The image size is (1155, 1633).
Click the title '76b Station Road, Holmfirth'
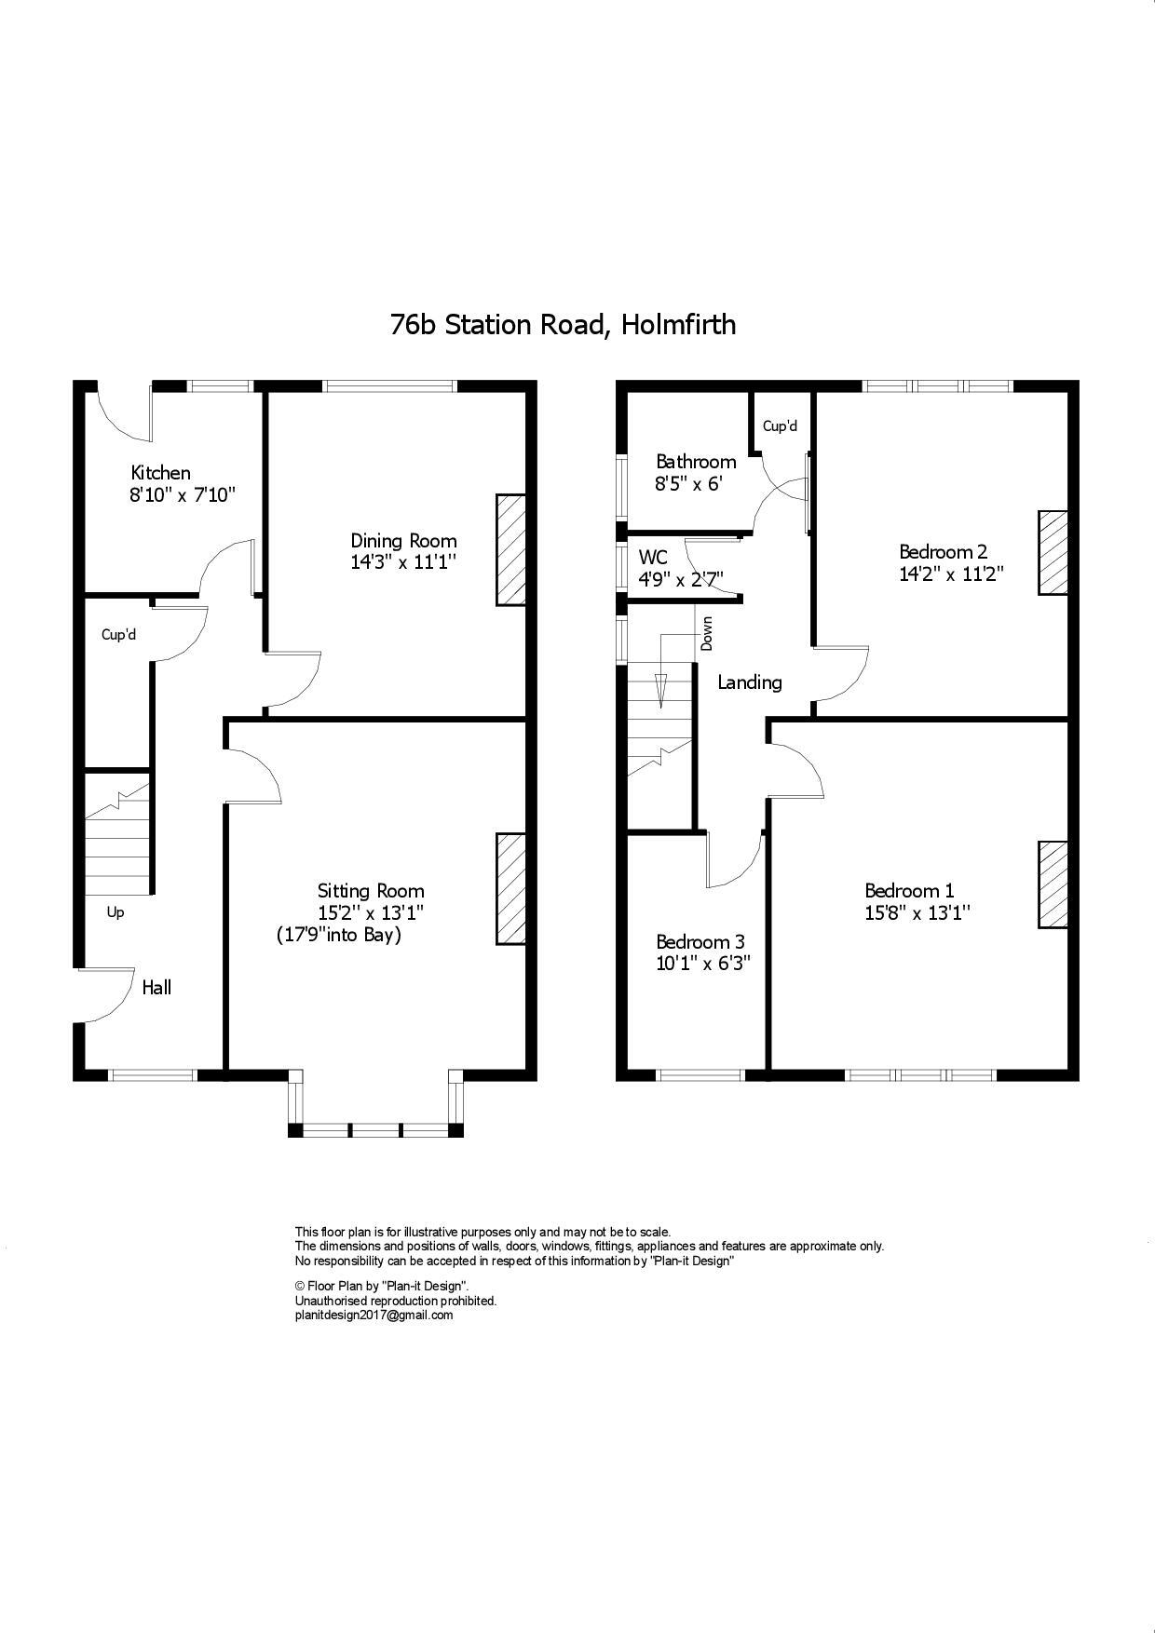[x=563, y=325]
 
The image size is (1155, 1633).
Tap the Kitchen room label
[x=160, y=473]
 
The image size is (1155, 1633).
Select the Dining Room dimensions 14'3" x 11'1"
[x=403, y=562]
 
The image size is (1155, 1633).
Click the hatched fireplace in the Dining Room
[x=510, y=550]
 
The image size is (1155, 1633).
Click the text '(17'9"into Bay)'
[x=339, y=935]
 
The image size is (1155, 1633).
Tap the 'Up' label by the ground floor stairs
[x=115, y=912]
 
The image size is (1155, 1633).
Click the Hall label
[x=156, y=988]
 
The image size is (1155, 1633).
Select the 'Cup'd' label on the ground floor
[x=118, y=635]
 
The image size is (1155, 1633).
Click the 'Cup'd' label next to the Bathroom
[x=780, y=426]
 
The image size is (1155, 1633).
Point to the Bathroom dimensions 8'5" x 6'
[x=688, y=484]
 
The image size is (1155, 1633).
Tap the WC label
[x=652, y=558]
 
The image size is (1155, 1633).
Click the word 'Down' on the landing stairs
[x=707, y=634]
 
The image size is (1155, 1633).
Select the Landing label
[x=749, y=682]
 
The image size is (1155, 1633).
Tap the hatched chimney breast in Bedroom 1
[x=1053, y=884]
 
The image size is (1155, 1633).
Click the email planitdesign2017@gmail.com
[x=374, y=1316]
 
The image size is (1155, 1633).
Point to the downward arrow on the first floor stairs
[x=661, y=689]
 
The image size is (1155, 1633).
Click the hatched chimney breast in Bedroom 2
[x=1053, y=552]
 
